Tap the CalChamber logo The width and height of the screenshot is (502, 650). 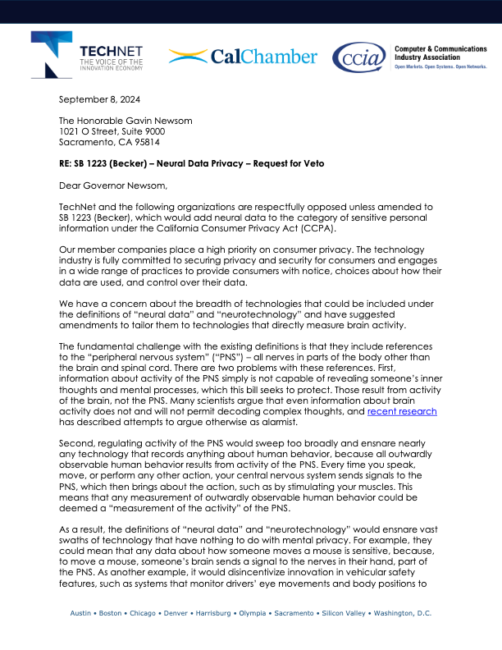pos(243,57)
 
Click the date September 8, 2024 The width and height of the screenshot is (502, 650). pos(101,100)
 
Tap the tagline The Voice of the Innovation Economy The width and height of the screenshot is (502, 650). pos(112,65)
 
